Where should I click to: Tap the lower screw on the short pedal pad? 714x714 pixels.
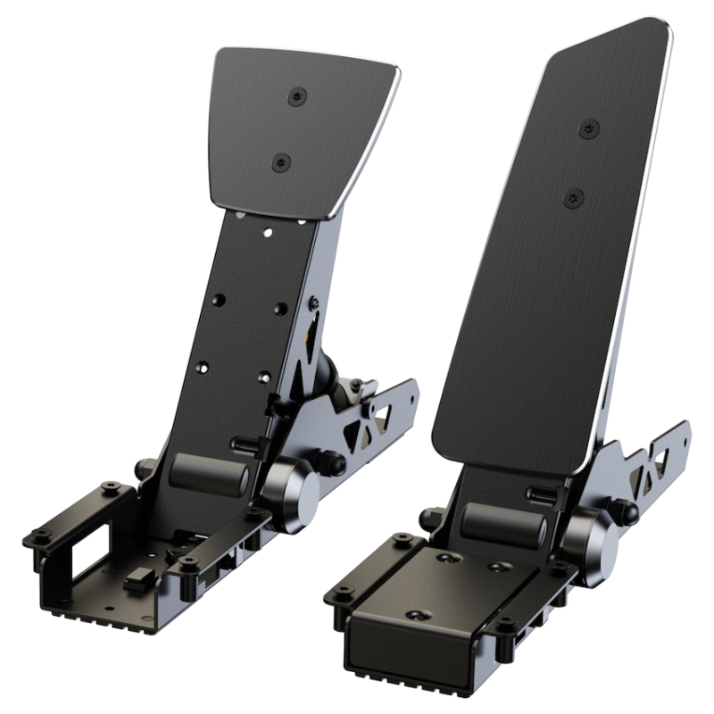click(x=281, y=162)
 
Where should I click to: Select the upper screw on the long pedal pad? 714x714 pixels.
click(x=588, y=129)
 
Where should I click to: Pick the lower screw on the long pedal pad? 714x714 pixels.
click(x=573, y=198)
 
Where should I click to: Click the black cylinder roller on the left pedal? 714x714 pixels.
click(x=209, y=473)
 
